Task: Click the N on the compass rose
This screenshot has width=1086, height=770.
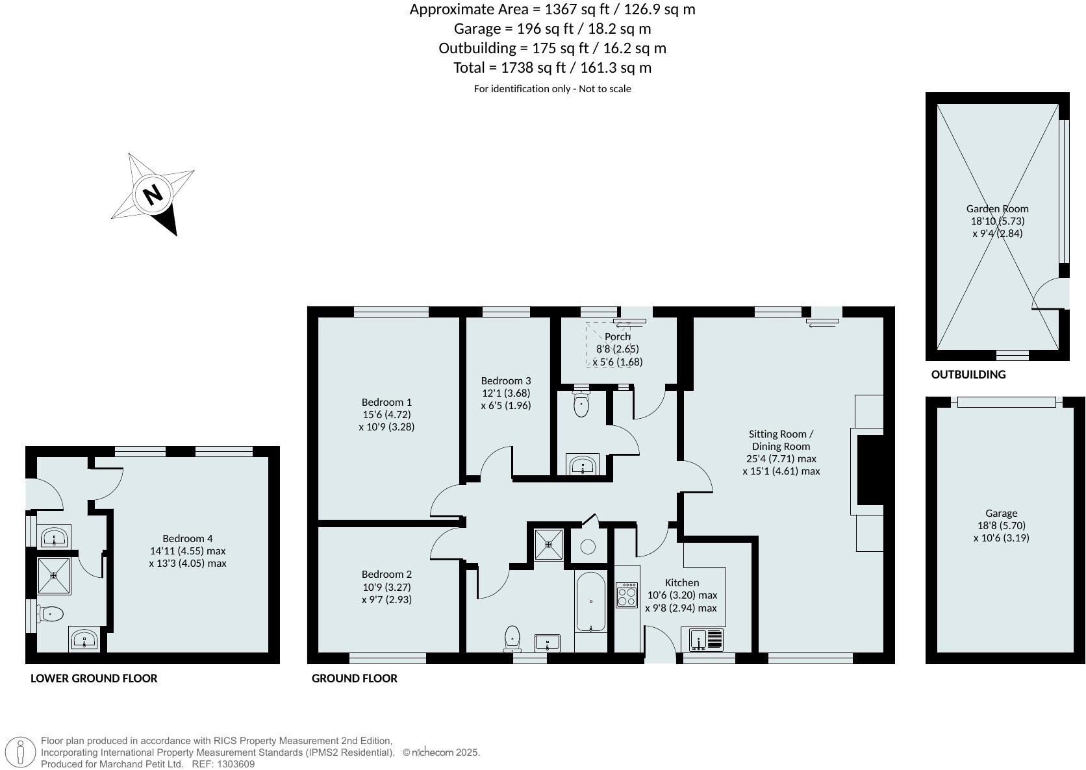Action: (153, 194)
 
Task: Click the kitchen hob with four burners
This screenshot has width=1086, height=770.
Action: (627, 595)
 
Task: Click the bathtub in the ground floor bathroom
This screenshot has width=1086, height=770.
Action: (590, 601)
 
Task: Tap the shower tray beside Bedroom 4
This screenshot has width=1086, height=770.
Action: (54, 575)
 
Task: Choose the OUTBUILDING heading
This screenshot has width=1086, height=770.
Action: (968, 375)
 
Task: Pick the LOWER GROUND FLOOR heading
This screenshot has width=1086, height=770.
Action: (94, 678)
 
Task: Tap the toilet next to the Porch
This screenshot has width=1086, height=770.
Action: (581, 405)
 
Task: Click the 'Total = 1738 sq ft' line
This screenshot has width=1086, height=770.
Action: (552, 68)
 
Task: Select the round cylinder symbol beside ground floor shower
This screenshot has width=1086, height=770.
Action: (588, 547)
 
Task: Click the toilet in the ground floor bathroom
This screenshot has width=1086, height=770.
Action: (512, 638)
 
